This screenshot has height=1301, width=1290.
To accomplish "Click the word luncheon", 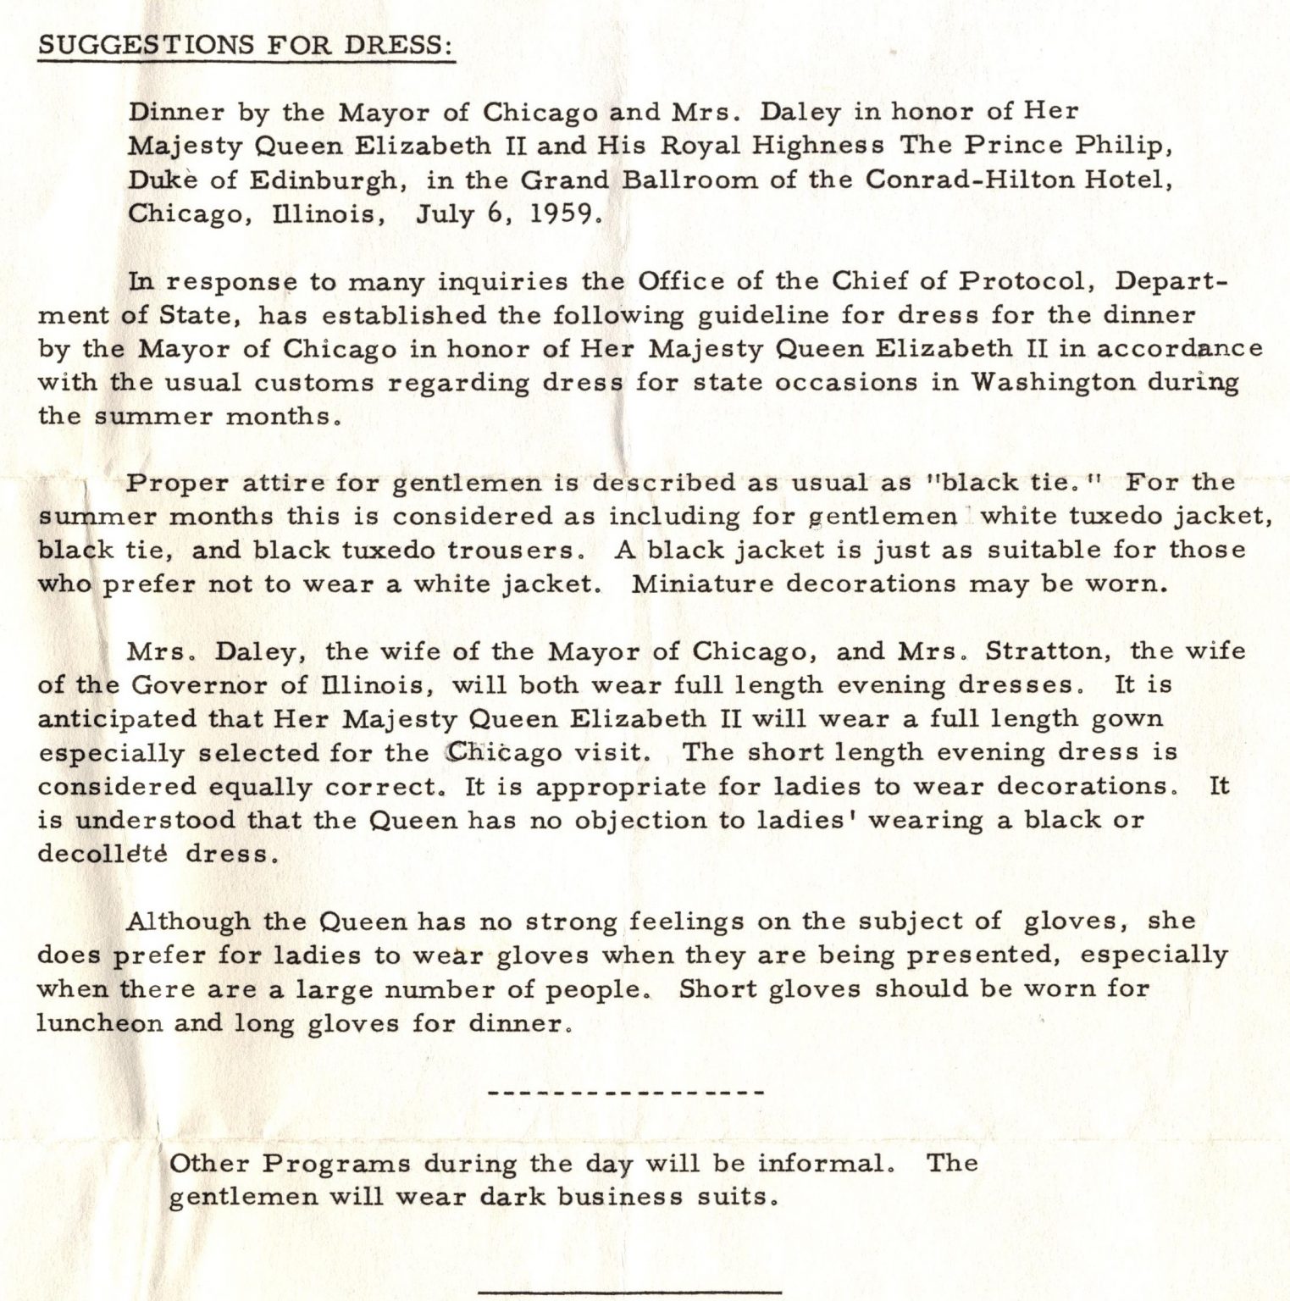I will [100, 1023].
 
